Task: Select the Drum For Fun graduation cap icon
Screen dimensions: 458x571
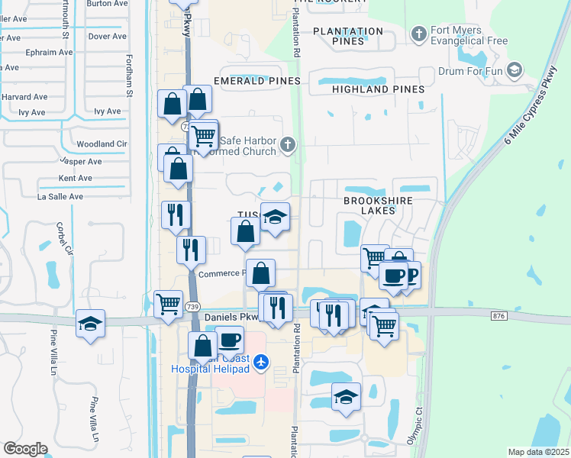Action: point(515,70)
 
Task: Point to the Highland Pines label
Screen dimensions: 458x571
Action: point(378,89)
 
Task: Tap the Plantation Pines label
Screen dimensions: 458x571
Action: point(347,36)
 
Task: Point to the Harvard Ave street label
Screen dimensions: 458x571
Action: point(25,98)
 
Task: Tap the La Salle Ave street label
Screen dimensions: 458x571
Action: point(60,196)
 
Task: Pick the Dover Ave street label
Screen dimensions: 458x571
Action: point(107,36)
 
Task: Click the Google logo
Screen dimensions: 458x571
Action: point(25,449)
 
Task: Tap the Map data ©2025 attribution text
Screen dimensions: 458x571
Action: point(538,452)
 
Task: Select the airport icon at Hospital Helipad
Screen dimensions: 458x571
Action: point(262,360)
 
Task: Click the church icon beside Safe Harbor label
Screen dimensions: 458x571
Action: point(287,144)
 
